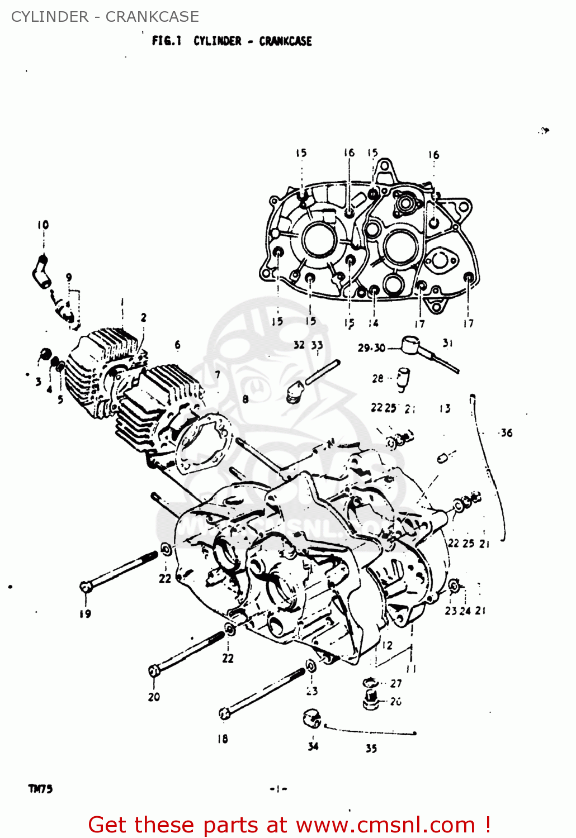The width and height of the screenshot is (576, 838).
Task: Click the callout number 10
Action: [x=43, y=225]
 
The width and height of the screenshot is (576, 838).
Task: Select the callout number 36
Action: [x=506, y=432]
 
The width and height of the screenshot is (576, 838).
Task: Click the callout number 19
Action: [x=85, y=613]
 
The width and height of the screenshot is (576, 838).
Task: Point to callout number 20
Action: [x=154, y=697]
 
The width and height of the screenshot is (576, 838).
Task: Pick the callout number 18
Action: [x=223, y=739]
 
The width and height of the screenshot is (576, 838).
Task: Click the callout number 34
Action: [x=313, y=746]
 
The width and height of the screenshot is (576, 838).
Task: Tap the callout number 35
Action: [x=371, y=748]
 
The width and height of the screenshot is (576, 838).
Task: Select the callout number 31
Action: [x=447, y=343]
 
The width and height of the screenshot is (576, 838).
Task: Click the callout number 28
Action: [x=378, y=378]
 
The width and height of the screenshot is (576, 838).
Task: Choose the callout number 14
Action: [x=374, y=322]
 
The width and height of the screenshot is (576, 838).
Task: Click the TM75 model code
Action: [x=40, y=789]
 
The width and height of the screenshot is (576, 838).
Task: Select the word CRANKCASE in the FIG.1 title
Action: [x=285, y=41]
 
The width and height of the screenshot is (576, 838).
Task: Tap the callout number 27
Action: [x=396, y=683]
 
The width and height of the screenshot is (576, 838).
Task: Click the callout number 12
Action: [x=387, y=645]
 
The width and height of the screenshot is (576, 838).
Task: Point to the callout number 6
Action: [x=177, y=345]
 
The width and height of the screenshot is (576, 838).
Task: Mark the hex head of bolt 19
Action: [x=85, y=587]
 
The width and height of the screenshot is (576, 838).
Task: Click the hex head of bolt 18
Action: [x=224, y=713]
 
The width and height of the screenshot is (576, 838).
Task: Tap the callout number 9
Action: [x=69, y=277]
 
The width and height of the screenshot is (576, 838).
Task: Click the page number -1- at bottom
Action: [x=278, y=789]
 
